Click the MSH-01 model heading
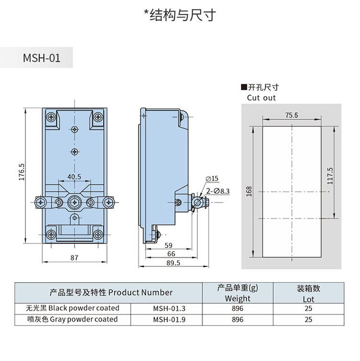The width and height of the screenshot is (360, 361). (42, 59)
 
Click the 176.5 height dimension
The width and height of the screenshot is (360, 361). (21, 172)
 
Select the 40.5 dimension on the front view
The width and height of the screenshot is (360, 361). (74, 177)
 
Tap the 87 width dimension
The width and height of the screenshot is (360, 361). (74, 257)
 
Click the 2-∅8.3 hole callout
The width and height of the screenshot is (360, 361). (218, 191)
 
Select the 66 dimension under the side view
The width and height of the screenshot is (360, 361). (171, 254)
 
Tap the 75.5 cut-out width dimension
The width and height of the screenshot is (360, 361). (291, 115)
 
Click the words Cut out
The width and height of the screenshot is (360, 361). (261, 97)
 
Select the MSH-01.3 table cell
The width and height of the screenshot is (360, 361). (168, 308)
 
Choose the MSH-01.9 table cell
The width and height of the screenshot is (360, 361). (168, 319)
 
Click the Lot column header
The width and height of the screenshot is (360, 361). (308, 299)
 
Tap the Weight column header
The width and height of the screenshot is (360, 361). (238, 299)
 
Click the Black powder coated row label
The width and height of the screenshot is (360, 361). (66, 308)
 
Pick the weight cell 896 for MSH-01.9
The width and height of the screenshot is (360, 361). (238, 319)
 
